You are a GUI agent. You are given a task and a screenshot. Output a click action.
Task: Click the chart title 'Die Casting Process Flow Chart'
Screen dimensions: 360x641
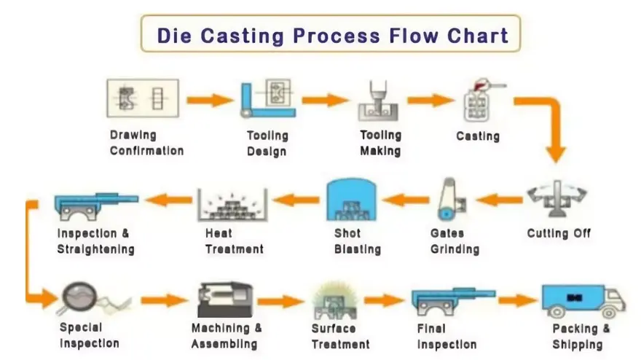click(x=331, y=34)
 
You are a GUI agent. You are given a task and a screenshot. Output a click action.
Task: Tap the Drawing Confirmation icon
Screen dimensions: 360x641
click(x=143, y=99)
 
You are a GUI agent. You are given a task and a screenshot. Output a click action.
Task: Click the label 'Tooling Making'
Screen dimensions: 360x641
click(x=380, y=143)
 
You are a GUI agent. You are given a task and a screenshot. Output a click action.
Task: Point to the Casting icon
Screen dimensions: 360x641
click(x=479, y=103)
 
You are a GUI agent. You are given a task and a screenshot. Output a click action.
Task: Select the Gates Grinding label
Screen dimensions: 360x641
click(x=454, y=241)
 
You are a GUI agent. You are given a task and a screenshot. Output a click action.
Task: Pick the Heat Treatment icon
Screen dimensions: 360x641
click(x=232, y=203)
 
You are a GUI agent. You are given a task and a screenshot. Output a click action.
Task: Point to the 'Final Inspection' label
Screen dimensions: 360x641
click(x=447, y=336)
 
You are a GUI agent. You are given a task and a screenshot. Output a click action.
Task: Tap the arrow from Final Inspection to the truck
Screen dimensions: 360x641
click(x=517, y=300)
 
